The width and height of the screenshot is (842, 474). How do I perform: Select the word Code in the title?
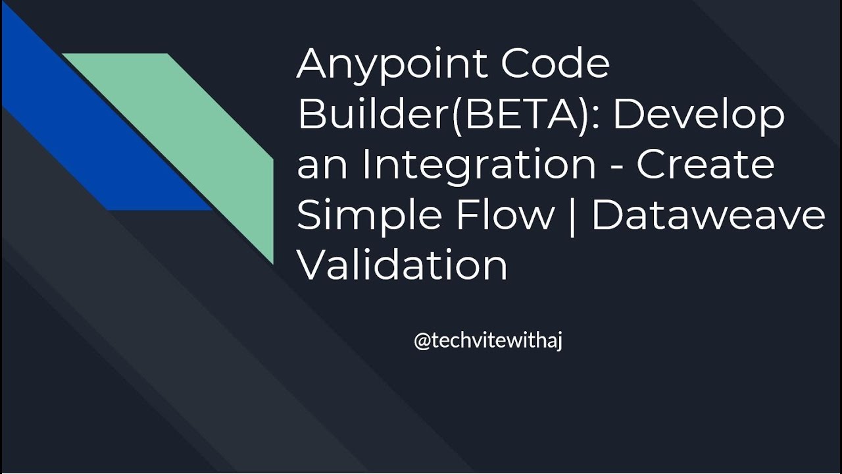coord(556,65)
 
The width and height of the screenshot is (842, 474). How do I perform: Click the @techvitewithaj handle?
coord(487,342)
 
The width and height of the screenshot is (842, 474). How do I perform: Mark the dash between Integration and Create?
coord(616,169)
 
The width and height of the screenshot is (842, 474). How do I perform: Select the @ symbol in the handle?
coord(422,342)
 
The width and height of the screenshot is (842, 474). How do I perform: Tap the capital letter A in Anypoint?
coord(314,65)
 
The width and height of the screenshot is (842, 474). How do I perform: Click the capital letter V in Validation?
coord(313,265)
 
